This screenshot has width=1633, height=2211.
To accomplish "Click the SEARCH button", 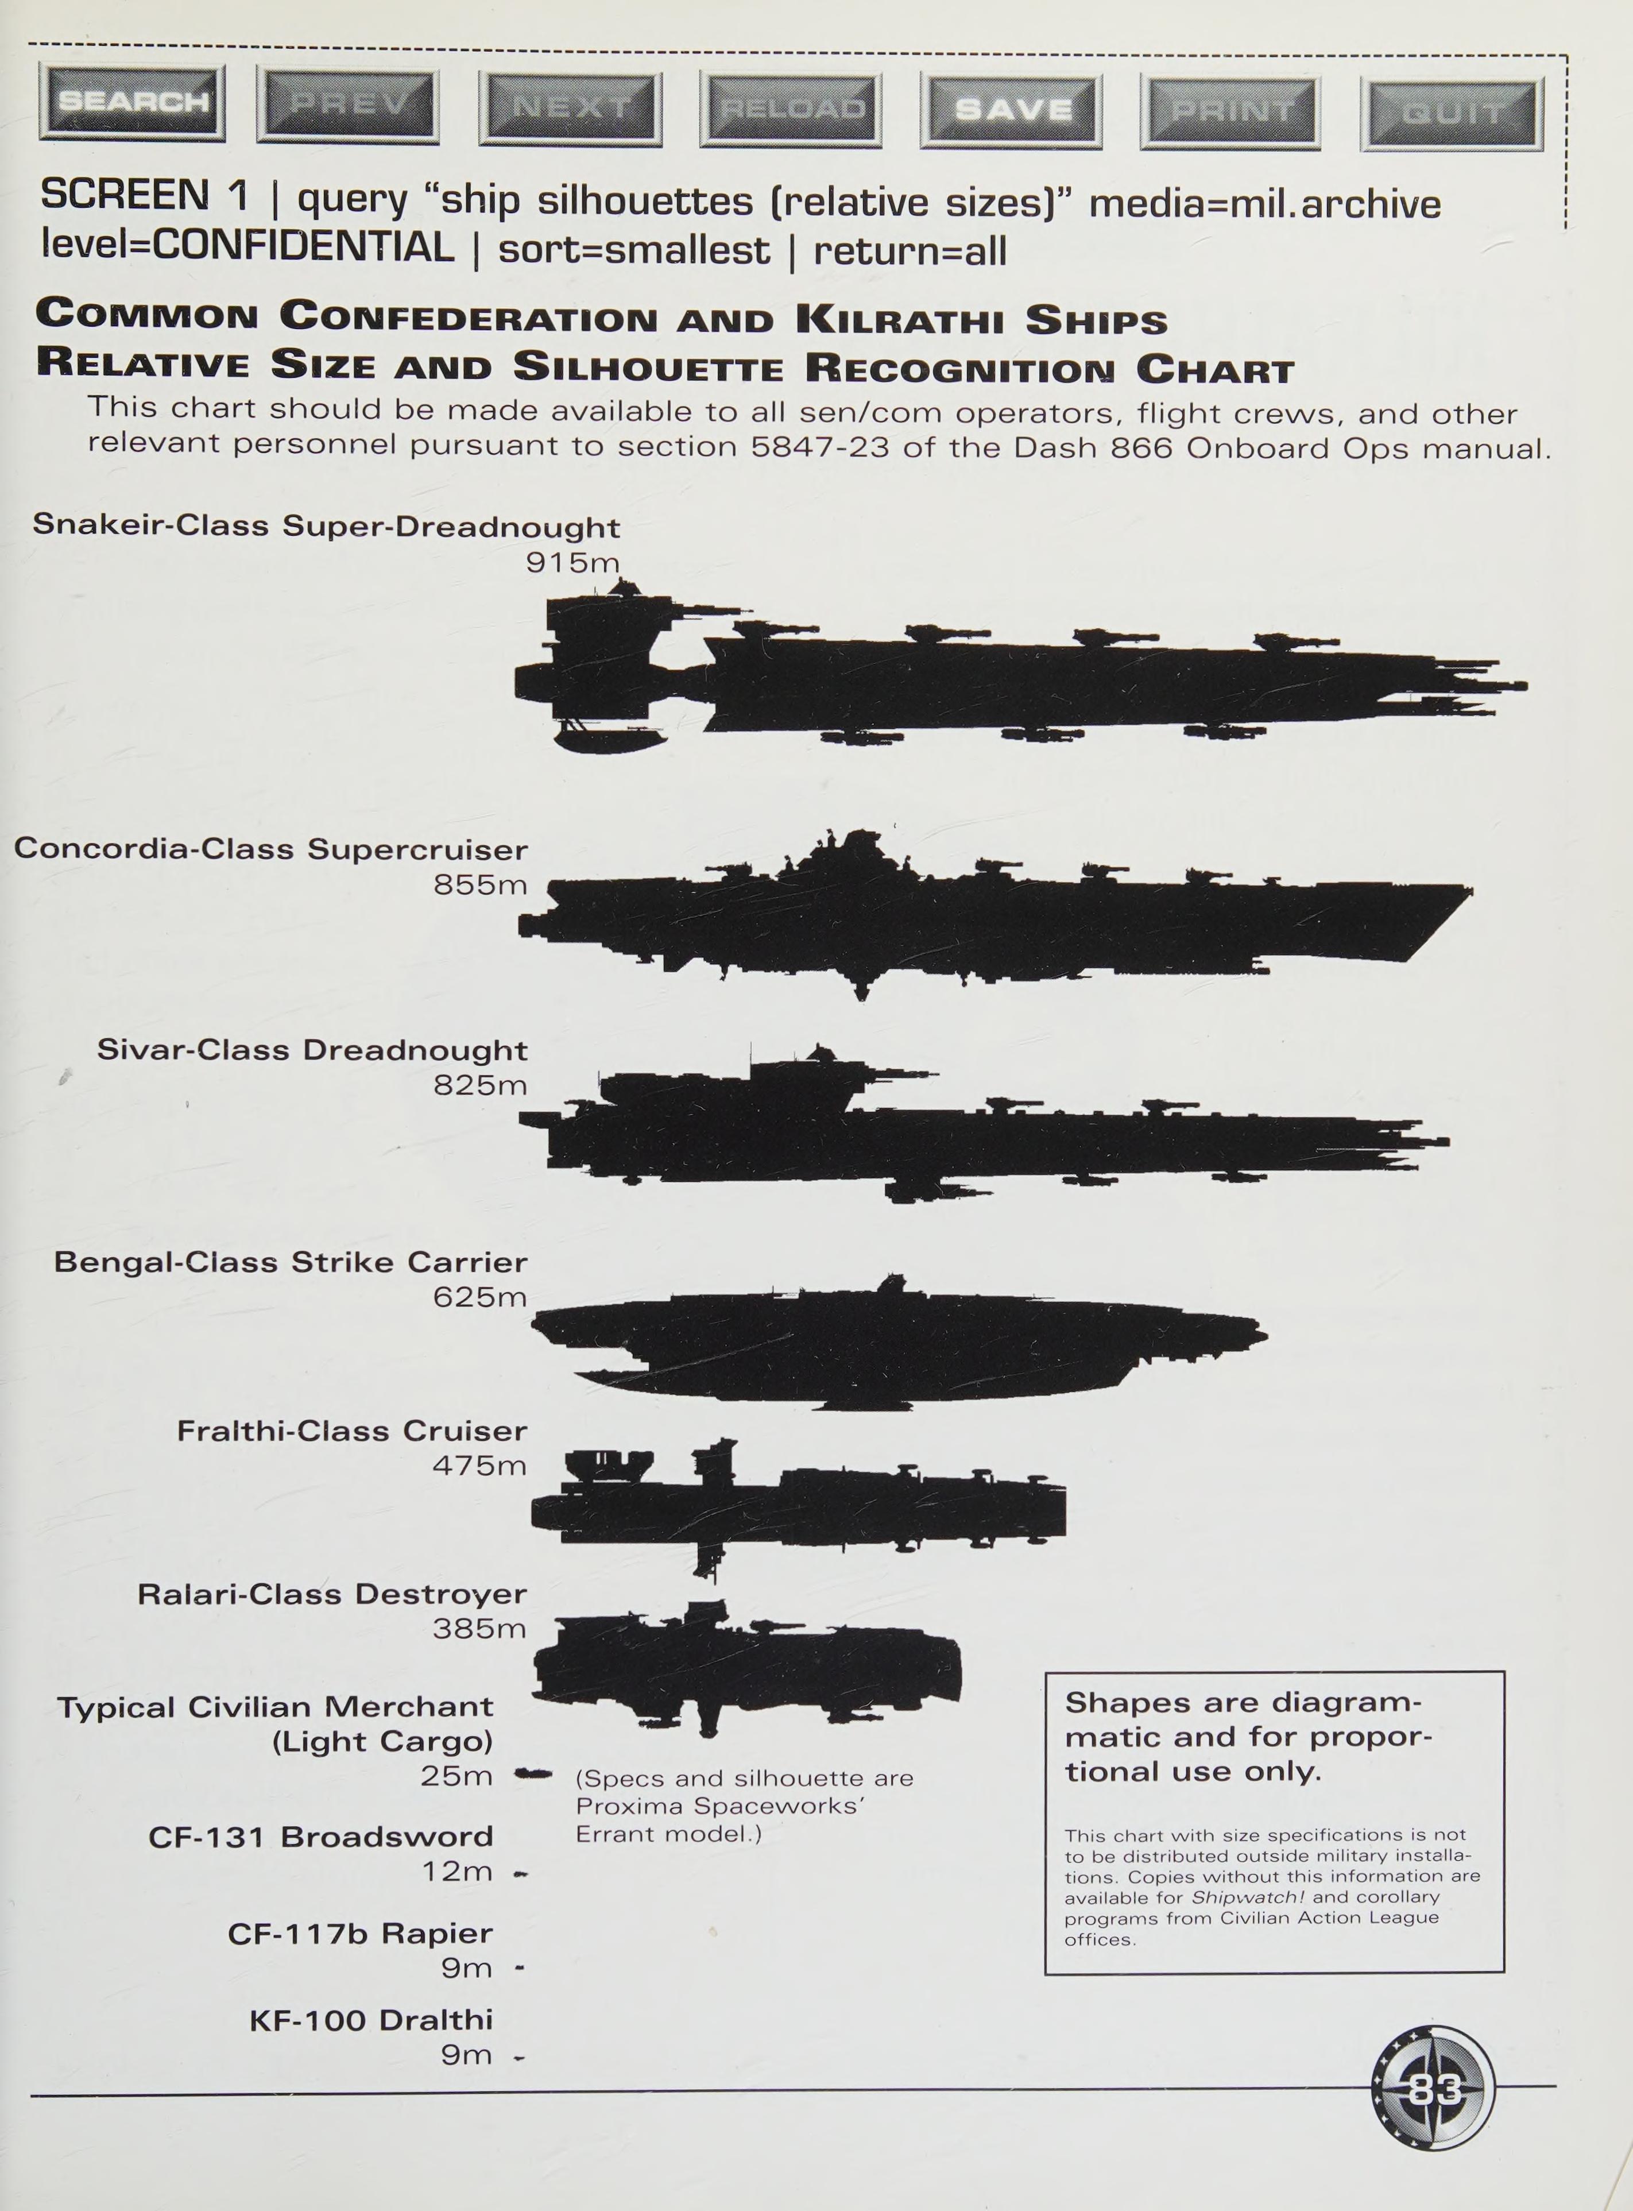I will (x=133, y=102).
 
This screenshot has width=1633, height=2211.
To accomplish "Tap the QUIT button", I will (x=1451, y=114).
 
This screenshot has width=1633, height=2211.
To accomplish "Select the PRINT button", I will (x=1230, y=111).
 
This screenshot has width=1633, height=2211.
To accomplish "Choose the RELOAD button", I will (x=791, y=109).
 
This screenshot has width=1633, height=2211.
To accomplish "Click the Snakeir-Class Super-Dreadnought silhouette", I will (x=1018, y=682).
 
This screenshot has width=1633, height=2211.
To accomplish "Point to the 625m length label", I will (x=479, y=1297).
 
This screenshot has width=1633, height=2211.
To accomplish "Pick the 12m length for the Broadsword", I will (x=456, y=1871).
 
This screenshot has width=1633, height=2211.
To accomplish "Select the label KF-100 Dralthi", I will (x=371, y=2019).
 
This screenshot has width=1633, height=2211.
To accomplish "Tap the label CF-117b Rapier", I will (x=360, y=1932).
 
